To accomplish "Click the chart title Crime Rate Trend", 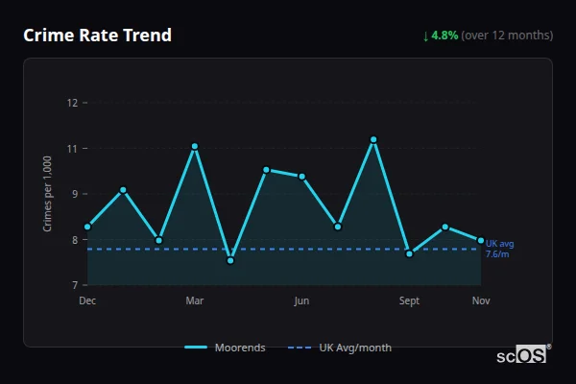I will [x=98, y=36].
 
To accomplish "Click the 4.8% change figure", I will [x=444, y=36].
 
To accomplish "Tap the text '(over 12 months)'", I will [x=507, y=36].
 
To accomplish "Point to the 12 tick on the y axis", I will [x=72, y=103].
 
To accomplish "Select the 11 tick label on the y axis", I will [x=72, y=149].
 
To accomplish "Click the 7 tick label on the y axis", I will [x=73, y=285].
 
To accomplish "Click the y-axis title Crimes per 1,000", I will [x=48, y=194].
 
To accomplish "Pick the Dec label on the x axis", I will [x=87, y=301].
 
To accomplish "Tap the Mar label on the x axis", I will [x=195, y=301].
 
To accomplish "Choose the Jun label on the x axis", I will [x=301, y=301].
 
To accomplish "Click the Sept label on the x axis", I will [x=409, y=301].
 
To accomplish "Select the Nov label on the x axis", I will [x=481, y=301].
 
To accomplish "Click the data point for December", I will [x=87, y=228].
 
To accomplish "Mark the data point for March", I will [x=195, y=147].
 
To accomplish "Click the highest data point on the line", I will [x=373, y=140].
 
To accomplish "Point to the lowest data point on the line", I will [x=230, y=260].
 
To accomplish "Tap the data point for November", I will [x=481, y=240].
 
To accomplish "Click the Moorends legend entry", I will [x=225, y=348].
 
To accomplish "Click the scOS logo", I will [x=523, y=355].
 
